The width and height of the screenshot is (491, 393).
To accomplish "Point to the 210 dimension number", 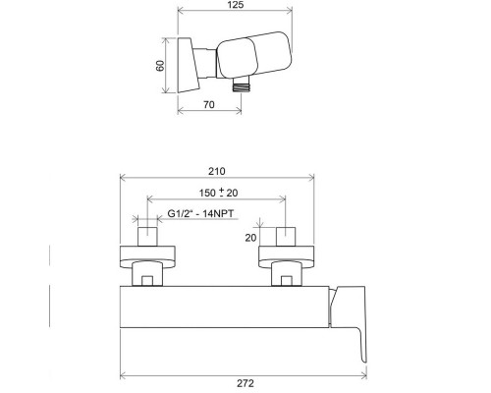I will pos(217,169).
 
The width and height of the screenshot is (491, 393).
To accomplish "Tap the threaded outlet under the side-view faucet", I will pos(238,86).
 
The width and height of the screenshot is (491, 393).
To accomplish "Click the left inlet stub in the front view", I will pos(146,237).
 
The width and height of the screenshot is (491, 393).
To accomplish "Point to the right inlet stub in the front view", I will pos(287,237).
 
